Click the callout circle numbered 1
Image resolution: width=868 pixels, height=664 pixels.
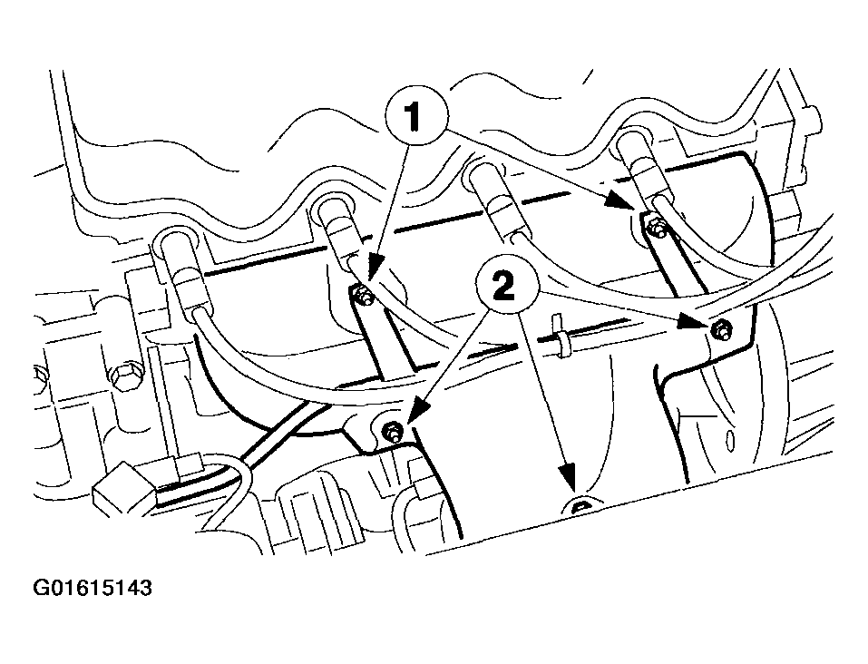tap(416, 116)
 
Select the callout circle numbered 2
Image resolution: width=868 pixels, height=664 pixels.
tap(507, 287)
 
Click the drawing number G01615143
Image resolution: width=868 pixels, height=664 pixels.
tap(93, 588)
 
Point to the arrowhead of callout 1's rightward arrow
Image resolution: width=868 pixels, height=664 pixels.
tap(620, 201)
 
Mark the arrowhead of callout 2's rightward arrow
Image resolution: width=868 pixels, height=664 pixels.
tap(697, 323)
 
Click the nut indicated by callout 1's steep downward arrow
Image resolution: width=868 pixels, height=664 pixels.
tap(364, 297)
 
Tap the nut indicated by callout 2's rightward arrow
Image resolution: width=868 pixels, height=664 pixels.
tap(721, 328)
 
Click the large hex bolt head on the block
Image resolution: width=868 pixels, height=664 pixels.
tap(123, 377)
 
